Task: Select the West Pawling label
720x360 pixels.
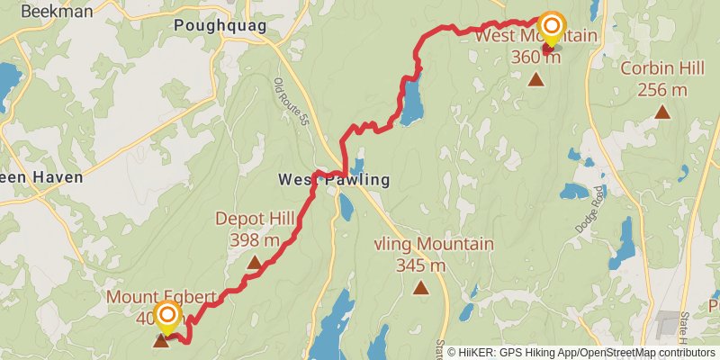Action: point(334,180)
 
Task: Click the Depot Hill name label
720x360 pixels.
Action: point(255,219)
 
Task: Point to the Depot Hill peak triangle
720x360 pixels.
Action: point(254,263)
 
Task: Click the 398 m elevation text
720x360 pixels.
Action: point(255,240)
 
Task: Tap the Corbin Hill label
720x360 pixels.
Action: point(661,68)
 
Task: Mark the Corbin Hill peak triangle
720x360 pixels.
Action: point(662,112)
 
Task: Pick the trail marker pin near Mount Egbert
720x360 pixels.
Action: point(166,317)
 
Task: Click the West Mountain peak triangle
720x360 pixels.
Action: point(535,80)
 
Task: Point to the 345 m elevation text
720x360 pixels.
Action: point(421,265)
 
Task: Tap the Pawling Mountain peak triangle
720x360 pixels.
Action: point(420,288)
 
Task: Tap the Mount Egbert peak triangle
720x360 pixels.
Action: point(161,340)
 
